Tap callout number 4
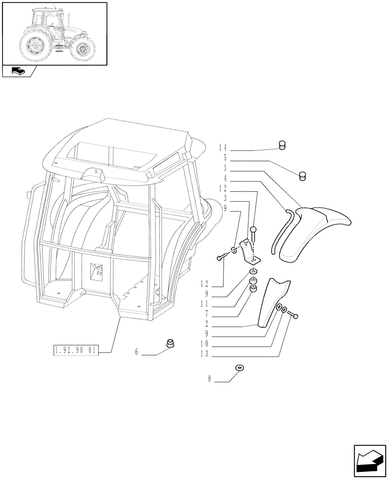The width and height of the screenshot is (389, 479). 225,178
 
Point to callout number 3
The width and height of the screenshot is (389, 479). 225,198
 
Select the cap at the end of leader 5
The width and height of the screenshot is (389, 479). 303,176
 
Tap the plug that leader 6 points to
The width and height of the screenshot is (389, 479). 170,343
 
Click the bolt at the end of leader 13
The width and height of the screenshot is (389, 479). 294,316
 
